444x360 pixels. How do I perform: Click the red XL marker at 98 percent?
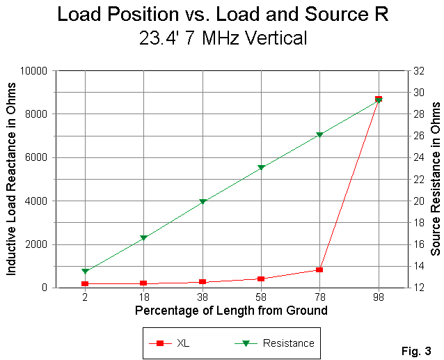click(379, 99)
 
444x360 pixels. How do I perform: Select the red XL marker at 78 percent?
click(319, 269)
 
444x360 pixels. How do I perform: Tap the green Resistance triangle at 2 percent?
click(85, 272)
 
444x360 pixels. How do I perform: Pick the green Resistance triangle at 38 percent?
click(203, 202)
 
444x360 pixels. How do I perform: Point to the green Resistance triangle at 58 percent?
click(261, 168)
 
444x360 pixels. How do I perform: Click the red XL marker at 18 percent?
click(143, 283)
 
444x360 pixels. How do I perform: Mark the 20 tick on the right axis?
click(416, 201)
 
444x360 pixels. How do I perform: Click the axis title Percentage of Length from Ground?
click(231, 311)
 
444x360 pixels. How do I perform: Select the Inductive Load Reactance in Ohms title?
click(12, 179)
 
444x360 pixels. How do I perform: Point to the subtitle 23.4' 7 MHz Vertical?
click(223, 38)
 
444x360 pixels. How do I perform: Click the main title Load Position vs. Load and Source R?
click(223, 14)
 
